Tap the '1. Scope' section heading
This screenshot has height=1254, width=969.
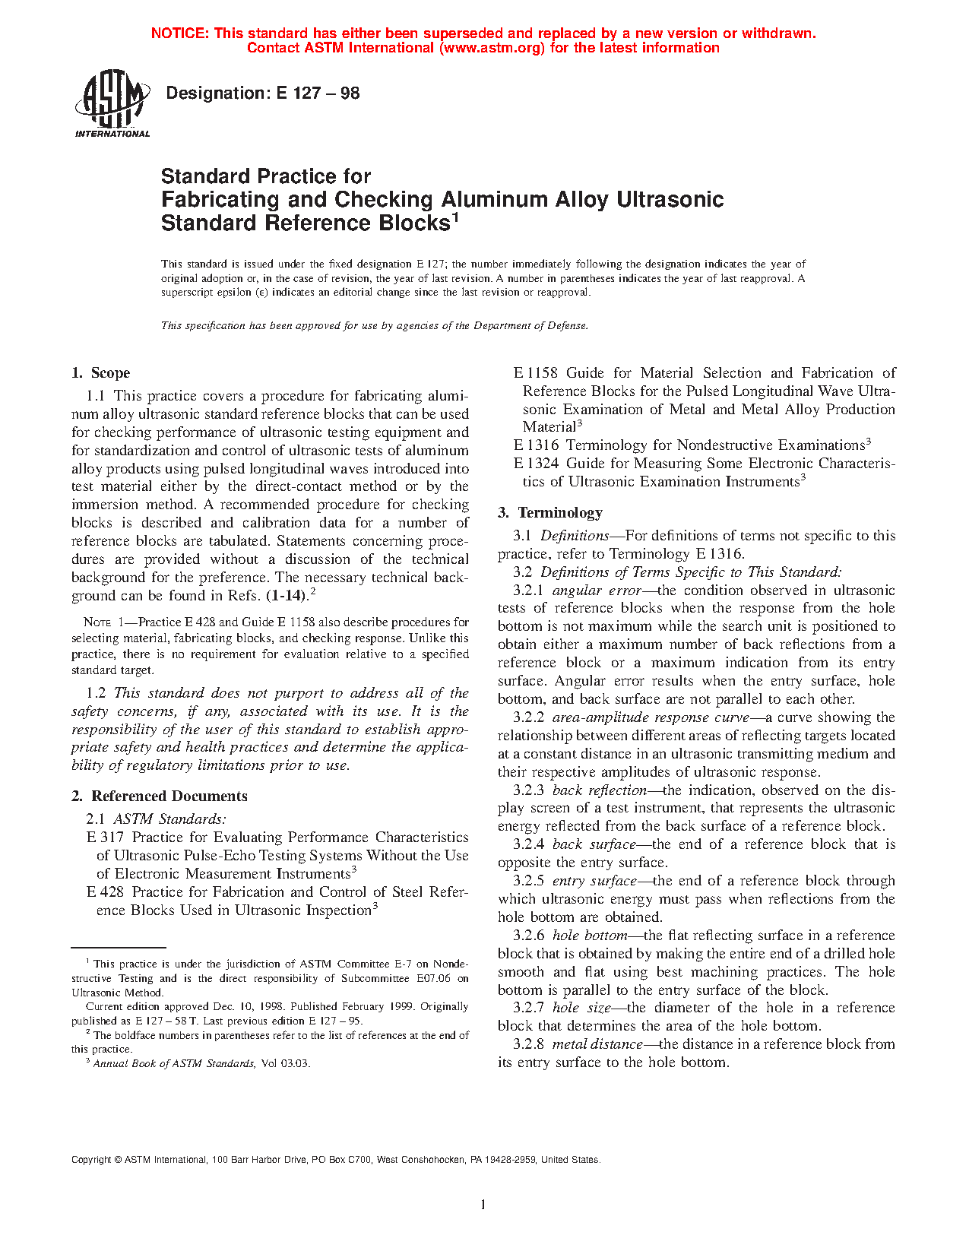click(101, 372)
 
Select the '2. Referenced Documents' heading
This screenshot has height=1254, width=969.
click(159, 796)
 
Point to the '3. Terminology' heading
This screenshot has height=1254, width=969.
click(550, 512)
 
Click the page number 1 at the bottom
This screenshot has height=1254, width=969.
click(483, 1204)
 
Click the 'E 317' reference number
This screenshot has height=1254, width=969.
click(105, 837)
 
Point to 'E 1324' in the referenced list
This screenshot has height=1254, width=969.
click(536, 463)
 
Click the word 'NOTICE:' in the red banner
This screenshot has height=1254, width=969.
click(180, 33)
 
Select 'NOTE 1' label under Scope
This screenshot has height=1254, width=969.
click(106, 622)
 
